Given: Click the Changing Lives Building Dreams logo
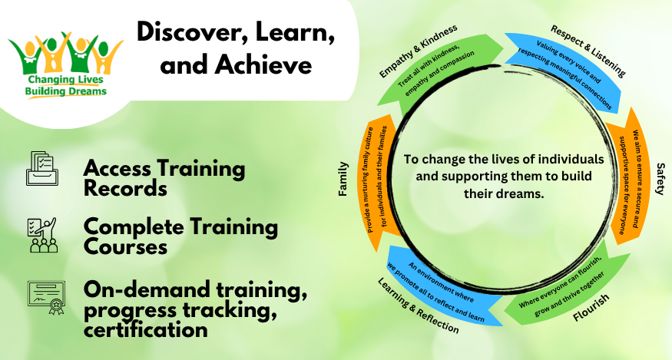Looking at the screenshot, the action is click(x=65, y=64).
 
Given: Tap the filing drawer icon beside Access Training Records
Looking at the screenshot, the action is click(x=42, y=168).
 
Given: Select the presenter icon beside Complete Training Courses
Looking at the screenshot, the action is click(x=42, y=235).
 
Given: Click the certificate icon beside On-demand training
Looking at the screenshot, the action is click(x=46, y=297).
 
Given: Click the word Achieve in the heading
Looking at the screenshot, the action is click(x=263, y=64).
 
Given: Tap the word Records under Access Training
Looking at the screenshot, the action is click(x=125, y=188).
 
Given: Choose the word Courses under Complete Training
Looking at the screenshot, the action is click(x=125, y=247).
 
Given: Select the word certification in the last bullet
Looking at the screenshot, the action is click(x=146, y=329).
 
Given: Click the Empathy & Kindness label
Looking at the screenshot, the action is click(x=419, y=51).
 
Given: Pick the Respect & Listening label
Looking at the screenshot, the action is click(x=588, y=51).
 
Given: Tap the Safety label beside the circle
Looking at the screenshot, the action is click(x=660, y=179).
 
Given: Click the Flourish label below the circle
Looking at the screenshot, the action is click(x=591, y=307).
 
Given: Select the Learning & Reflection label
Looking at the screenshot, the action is click(x=418, y=306).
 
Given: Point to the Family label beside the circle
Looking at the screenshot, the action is click(x=343, y=179).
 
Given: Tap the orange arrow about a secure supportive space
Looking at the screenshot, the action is click(x=629, y=176).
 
